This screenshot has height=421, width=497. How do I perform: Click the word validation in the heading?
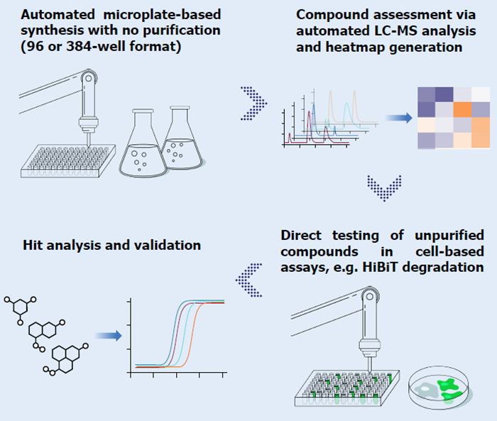[x=168, y=245]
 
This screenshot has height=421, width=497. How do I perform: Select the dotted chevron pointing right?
[x=253, y=103]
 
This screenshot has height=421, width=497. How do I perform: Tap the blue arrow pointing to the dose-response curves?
[x=108, y=336]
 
